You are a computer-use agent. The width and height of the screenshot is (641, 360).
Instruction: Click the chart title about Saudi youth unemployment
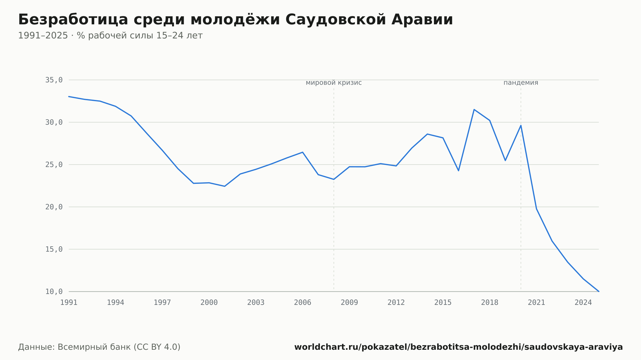click(236, 20)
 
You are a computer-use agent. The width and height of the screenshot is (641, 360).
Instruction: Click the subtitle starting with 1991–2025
click(110, 36)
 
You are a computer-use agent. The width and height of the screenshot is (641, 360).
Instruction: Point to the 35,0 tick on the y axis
click(54, 80)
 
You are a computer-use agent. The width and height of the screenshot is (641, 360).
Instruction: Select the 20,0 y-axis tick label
click(54, 207)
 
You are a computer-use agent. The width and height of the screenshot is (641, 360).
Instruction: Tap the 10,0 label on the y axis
click(54, 291)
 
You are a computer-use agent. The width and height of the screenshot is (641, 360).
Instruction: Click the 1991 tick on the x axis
click(69, 302)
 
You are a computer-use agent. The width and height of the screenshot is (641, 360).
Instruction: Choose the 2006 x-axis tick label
click(303, 302)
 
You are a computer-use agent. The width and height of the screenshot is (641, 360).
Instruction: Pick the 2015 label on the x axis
click(443, 302)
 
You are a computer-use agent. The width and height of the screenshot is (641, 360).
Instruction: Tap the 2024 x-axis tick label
click(583, 302)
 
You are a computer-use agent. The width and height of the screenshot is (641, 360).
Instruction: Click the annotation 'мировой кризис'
click(334, 83)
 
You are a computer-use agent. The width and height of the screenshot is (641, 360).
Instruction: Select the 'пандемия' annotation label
click(521, 83)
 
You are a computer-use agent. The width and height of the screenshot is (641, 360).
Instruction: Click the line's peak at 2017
click(474, 110)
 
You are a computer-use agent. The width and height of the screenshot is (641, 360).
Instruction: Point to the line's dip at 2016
click(459, 171)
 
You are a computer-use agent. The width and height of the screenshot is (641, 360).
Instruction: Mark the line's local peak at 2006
click(303, 152)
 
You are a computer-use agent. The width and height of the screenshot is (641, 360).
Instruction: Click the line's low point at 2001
click(225, 186)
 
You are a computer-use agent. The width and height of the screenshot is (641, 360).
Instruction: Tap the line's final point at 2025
click(599, 291)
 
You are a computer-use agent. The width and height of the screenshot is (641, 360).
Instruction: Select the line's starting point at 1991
click(69, 96)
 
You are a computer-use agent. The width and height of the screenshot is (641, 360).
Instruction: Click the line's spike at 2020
click(521, 125)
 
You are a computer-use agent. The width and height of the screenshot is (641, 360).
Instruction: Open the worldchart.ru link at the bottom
click(458, 347)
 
